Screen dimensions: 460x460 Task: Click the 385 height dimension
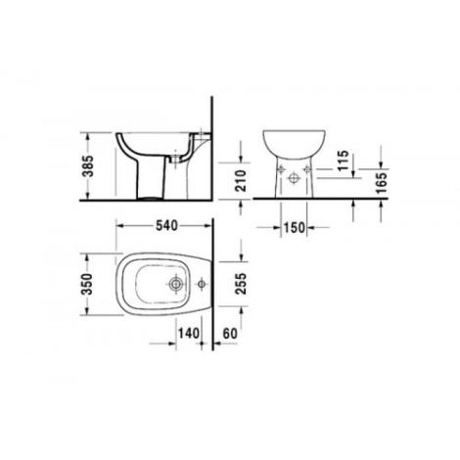click(88, 166)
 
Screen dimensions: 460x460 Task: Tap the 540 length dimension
click(166, 226)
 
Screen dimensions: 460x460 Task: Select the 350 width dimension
click(87, 284)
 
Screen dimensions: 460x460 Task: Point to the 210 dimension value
click(241, 181)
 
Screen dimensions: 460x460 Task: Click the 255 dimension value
click(242, 284)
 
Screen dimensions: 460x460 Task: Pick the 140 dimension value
click(188, 334)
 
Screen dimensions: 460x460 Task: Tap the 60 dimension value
click(230, 334)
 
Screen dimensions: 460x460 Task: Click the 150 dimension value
click(294, 228)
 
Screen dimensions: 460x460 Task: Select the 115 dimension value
click(343, 161)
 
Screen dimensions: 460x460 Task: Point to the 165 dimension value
click(381, 183)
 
